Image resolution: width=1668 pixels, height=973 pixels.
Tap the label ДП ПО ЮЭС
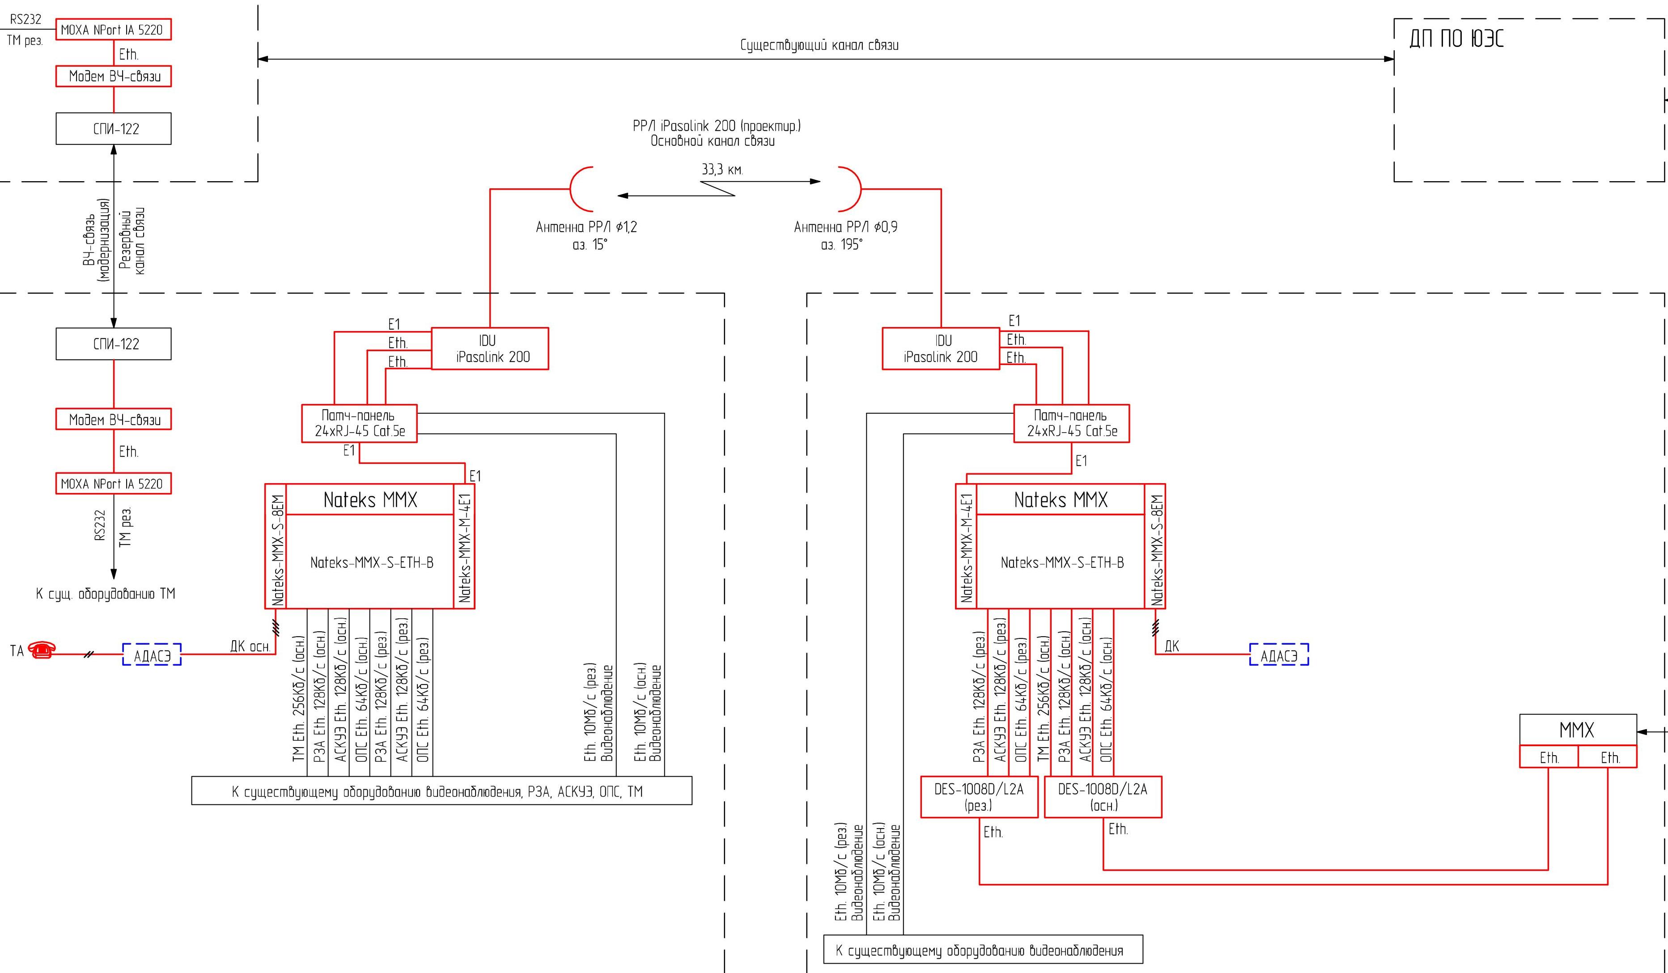point(1456,38)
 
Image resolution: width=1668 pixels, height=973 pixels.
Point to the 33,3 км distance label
point(722,170)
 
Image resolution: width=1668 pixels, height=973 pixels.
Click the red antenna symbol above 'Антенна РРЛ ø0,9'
point(850,189)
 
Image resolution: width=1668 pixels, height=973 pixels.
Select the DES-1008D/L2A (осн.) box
point(1102,797)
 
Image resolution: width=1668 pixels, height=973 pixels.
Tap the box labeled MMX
point(1577,730)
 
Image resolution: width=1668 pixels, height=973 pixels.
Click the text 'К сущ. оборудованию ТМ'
point(106,594)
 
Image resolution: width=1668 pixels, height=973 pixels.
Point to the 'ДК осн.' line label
point(250,646)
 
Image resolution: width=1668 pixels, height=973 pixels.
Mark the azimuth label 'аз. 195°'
point(841,245)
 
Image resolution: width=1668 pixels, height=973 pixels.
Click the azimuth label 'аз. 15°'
point(590,245)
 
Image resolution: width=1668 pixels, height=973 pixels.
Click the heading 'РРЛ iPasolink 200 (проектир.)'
point(716,126)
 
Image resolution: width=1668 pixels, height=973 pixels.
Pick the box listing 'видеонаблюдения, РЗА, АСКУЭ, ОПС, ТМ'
point(441,791)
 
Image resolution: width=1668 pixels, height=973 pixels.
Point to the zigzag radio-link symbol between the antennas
point(719,189)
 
